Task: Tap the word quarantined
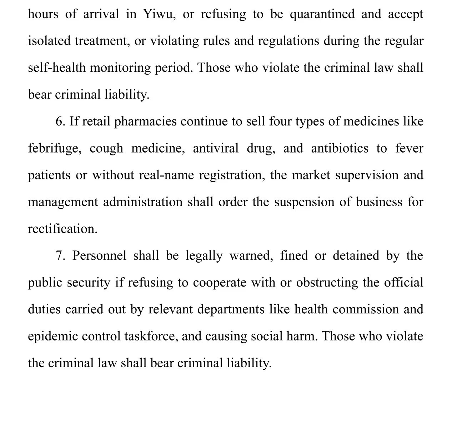pos(322,14)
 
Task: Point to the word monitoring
pos(120,68)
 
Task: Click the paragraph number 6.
pos(60,121)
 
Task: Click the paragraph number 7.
pos(60,256)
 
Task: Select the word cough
pos(106,149)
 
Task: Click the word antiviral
pos(215,148)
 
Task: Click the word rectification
pos(62,229)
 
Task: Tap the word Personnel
pos(99,256)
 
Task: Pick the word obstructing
pos(327,283)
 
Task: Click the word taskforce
pos(151,336)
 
